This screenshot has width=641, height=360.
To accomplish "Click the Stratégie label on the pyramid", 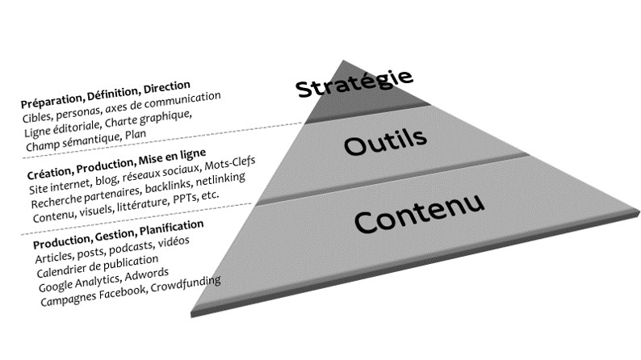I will tap(354, 84).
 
